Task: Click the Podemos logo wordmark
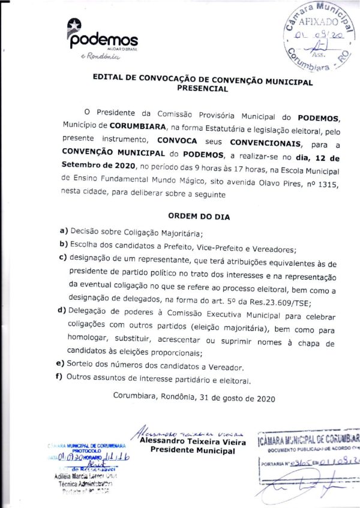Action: point(104,40)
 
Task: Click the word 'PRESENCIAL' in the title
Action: point(203,88)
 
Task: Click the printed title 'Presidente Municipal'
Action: point(192,450)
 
